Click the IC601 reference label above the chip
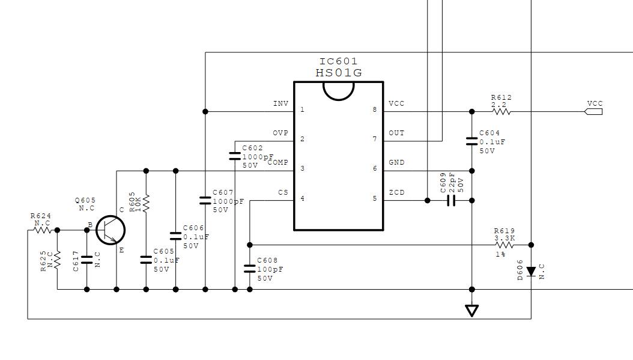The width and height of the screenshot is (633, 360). [338, 61]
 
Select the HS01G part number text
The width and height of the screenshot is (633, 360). [338, 73]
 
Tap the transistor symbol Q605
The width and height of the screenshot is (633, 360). [111, 230]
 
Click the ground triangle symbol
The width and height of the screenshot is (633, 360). [471, 310]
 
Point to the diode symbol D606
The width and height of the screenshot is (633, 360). [531, 272]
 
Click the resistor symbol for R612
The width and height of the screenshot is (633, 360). [501, 112]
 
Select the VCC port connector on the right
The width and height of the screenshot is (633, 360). [593, 112]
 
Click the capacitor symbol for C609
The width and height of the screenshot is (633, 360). [451, 200]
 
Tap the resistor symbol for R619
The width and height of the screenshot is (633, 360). [504, 245]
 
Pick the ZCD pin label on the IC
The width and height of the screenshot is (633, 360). [396, 192]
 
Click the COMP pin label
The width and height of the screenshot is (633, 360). [277, 162]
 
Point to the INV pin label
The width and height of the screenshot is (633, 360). [280, 103]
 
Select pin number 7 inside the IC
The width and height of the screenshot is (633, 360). [375, 139]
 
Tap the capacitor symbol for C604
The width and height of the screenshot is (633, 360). [471, 141]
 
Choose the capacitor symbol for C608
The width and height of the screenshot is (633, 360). [249, 268]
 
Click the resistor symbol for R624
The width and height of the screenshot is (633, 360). [43, 230]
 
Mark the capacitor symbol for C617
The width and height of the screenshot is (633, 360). [87, 260]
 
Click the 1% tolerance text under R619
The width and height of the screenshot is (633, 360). [501, 255]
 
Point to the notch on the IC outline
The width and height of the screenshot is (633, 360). [338, 98]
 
